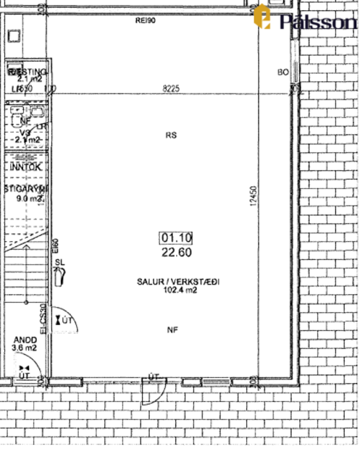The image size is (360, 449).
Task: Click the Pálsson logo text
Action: coord(317,22)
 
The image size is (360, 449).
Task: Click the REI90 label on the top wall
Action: coord(146,21)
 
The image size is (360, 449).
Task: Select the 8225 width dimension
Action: coord(171,88)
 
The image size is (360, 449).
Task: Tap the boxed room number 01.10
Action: coord(176,237)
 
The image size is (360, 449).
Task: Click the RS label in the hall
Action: coord(171,135)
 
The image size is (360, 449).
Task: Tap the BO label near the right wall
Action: coord(283,72)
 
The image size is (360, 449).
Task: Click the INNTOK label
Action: coord(26,167)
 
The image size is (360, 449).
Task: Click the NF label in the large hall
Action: coord(172,330)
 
